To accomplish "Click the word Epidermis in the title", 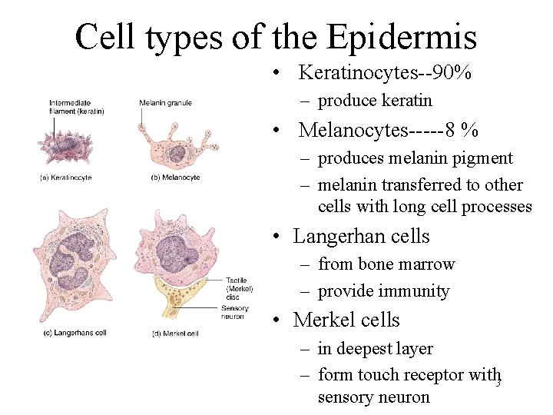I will point(402,36).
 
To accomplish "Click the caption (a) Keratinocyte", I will point(65,178).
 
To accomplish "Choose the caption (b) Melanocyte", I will point(176,178).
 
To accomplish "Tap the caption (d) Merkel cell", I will point(176,333).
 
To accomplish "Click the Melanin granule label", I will point(165,103).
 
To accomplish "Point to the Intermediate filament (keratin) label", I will point(75,107).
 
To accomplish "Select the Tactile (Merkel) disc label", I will point(239,290).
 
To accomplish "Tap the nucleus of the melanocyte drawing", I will point(176,152).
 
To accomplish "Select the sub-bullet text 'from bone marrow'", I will point(386,264).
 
